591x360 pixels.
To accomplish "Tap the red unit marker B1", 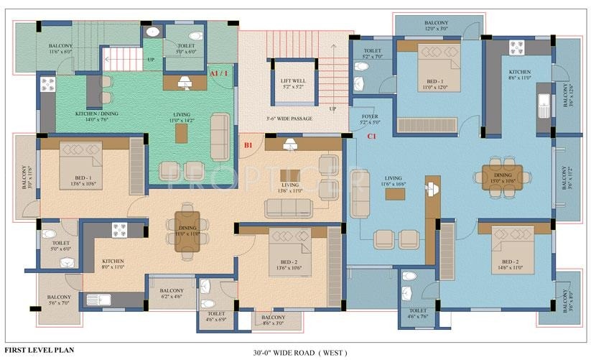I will click(248, 145).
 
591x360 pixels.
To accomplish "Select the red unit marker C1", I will click(372, 136).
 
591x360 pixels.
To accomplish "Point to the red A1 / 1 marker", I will click(219, 73).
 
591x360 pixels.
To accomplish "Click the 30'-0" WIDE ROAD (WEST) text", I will click(300, 353).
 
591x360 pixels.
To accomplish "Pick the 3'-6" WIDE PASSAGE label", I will click(289, 118).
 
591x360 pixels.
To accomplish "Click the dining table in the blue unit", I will click(507, 177).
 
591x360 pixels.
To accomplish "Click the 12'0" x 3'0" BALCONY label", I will click(436, 26).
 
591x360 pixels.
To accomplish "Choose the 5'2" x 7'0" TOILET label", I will click(371, 52).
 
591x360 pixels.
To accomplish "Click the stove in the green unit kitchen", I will click(47, 86).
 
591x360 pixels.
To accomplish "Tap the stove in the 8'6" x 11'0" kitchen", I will click(517, 49).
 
